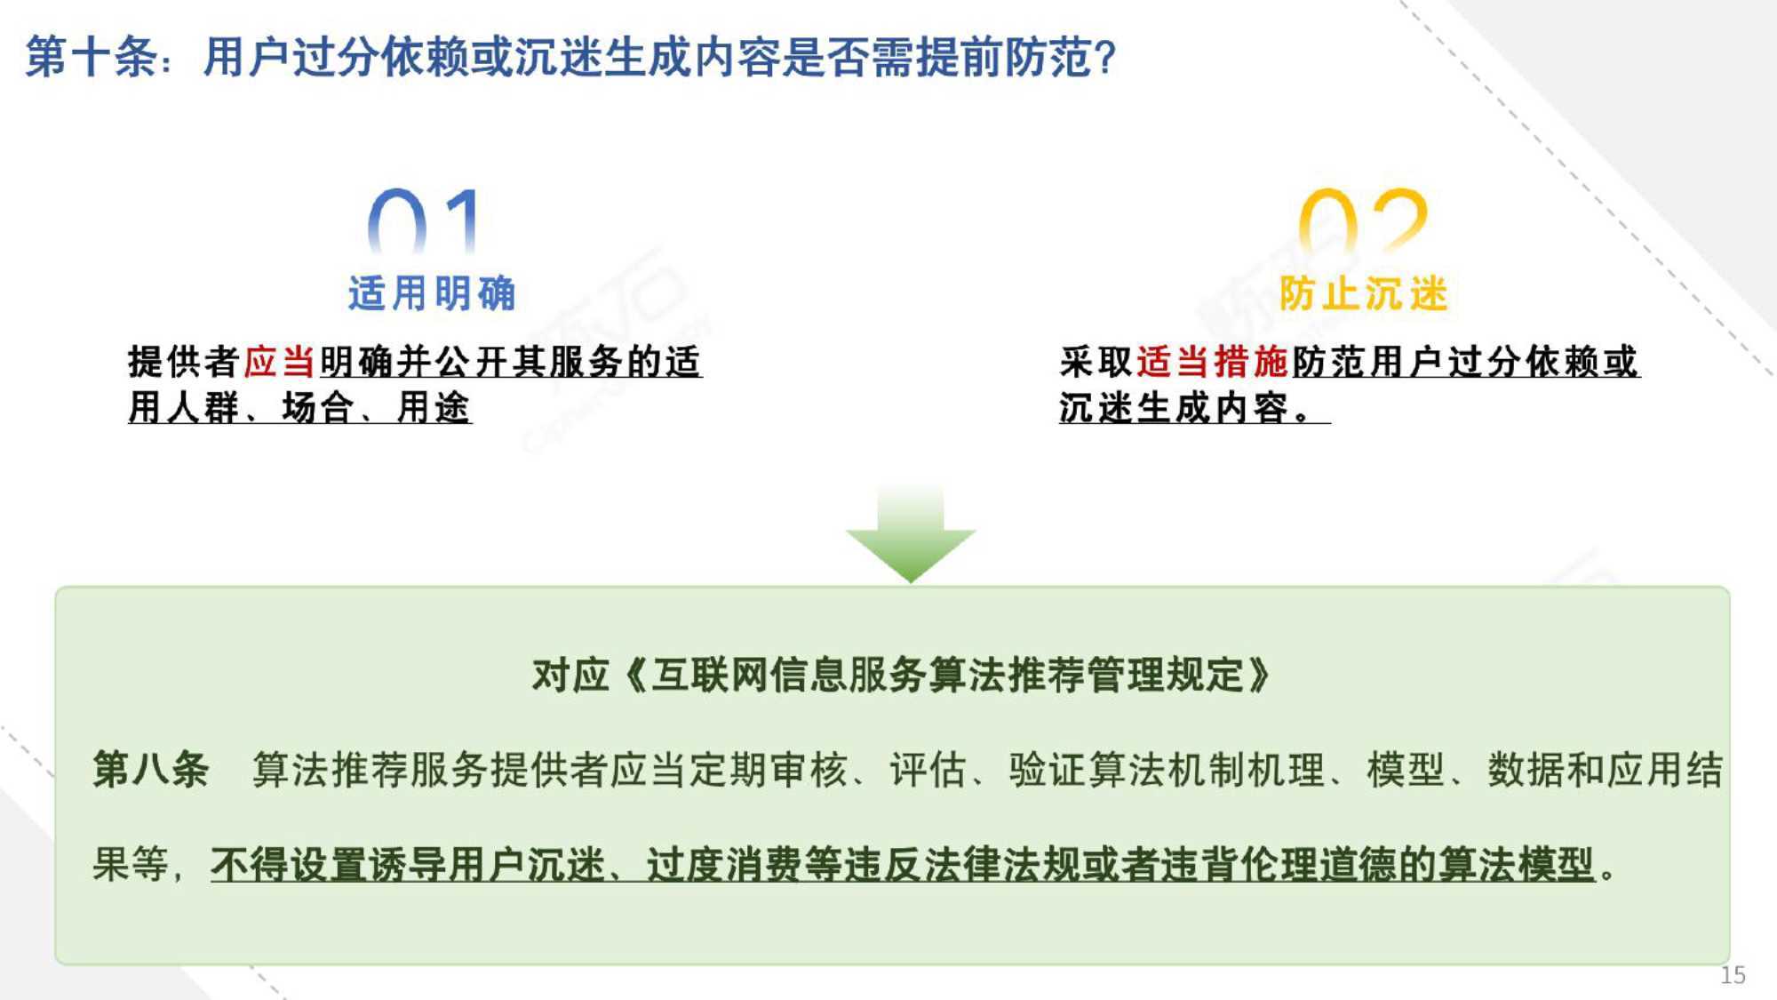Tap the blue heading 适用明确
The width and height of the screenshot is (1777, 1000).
coord(432,293)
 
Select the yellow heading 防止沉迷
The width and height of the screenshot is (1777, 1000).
coord(1363,293)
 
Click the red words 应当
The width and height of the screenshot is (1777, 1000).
coord(280,362)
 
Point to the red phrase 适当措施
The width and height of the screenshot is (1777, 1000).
coord(1213,362)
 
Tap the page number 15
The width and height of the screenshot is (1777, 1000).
coord(1733,975)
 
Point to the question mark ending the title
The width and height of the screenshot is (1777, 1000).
coord(1105,58)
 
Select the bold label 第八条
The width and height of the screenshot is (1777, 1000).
coord(151,769)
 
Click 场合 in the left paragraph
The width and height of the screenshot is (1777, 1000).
coord(318,408)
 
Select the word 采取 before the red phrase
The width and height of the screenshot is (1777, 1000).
coord(1096,362)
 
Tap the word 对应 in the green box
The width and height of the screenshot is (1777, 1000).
coord(570,676)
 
